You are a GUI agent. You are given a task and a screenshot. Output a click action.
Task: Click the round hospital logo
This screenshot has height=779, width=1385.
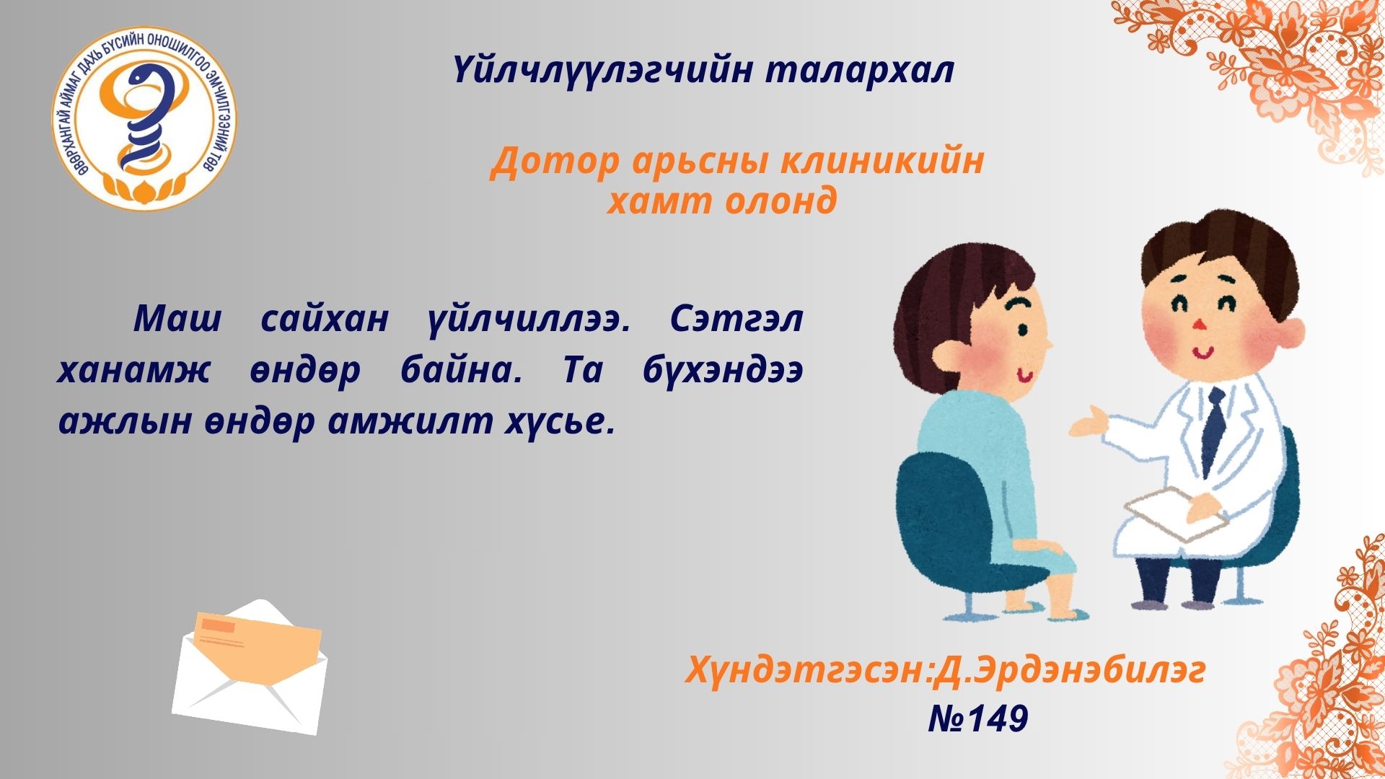(x=144, y=119)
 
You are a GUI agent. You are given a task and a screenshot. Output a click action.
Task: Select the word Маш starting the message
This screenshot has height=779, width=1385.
(x=178, y=318)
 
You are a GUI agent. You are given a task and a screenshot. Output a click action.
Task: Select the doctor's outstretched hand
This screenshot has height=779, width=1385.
(x=1087, y=423)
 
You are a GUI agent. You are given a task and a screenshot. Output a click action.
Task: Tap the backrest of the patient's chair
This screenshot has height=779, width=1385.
(x=938, y=505)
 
